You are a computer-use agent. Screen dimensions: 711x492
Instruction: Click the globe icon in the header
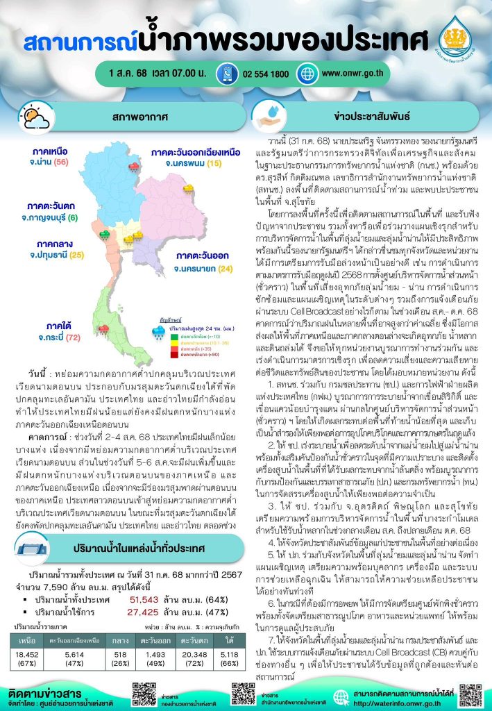point(306,73)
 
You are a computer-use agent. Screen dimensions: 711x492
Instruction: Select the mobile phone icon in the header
point(226,73)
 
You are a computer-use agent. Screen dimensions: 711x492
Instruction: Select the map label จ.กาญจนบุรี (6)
point(53,217)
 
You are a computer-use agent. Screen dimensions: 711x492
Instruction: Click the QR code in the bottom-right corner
point(470,696)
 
